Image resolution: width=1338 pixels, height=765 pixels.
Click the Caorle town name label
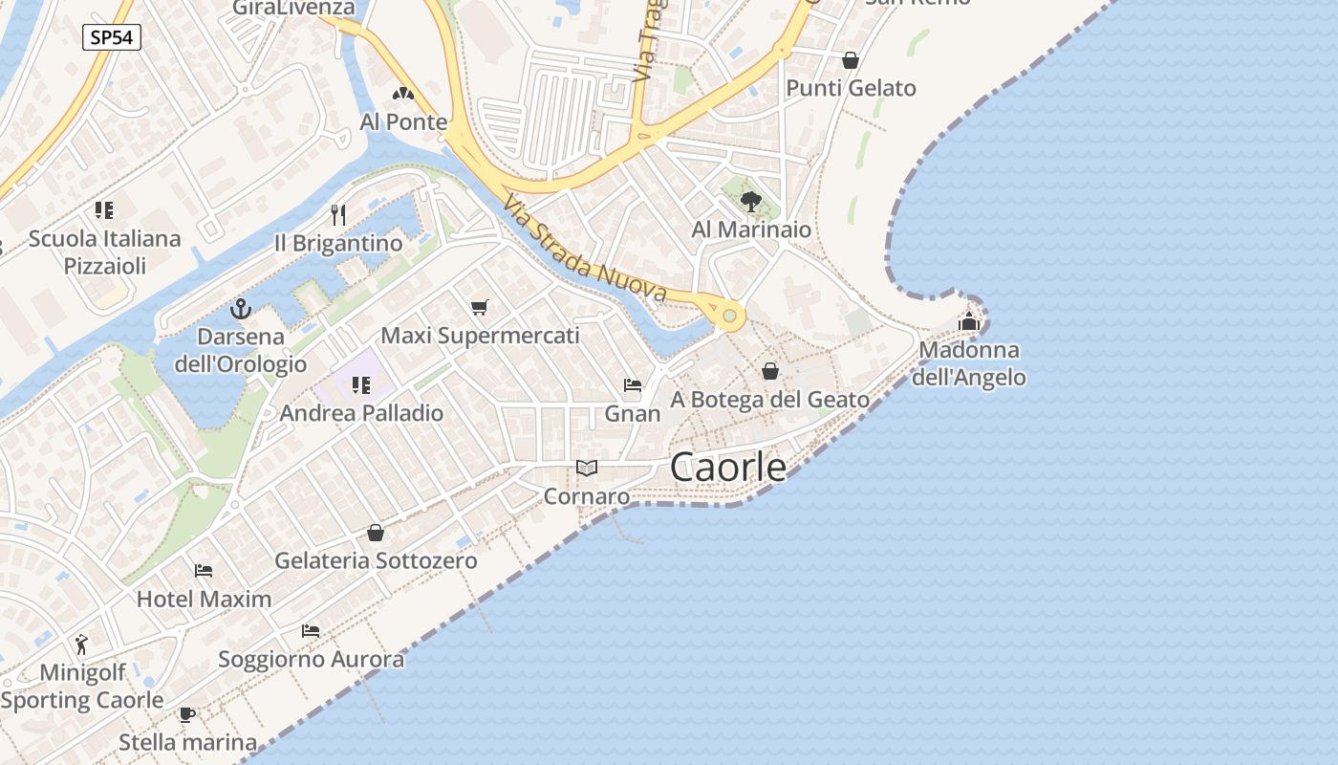click(728, 467)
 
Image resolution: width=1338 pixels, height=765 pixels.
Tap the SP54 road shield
click(112, 37)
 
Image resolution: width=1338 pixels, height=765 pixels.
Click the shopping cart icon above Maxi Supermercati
click(480, 307)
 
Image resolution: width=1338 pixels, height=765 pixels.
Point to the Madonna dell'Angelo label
click(968, 363)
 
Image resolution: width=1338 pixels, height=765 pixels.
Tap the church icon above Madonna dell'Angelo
click(969, 321)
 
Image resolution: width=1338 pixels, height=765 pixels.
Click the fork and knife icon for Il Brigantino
click(337, 213)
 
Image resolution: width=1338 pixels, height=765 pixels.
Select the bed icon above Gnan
click(632, 384)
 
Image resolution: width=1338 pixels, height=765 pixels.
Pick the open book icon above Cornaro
click(587, 468)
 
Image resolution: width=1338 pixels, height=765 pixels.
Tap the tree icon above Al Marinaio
click(751, 201)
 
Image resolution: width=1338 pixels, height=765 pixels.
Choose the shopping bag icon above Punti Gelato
click(851, 60)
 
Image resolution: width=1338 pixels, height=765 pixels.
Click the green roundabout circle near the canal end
click(730, 315)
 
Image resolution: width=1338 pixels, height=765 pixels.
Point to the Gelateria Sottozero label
click(376, 560)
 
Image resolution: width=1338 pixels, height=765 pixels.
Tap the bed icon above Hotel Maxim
click(204, 571)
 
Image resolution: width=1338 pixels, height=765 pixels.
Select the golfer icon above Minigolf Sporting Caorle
click(82, 644)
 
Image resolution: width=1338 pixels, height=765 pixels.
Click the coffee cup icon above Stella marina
click(187, 714)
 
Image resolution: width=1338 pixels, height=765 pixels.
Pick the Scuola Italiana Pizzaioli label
click(104, 251)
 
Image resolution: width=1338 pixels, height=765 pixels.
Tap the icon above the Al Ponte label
click(402, 94)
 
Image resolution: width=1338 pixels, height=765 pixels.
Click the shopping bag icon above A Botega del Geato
click(770, 371)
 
